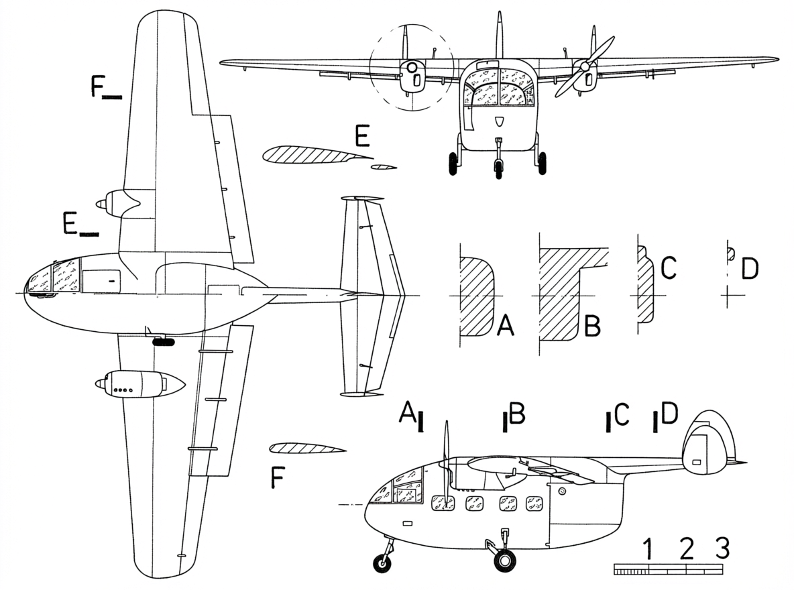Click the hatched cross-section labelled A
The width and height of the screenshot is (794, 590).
coord(477,296)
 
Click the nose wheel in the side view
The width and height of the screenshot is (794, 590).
coord(382,563)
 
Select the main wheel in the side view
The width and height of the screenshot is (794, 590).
coord(504,560)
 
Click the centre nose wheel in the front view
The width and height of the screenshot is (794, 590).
coord(499,169)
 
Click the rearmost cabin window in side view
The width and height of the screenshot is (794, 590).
coord(534,503)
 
